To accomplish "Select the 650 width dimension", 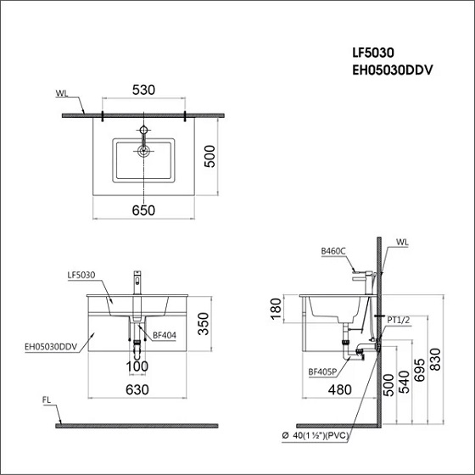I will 143,210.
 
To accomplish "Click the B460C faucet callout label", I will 333,252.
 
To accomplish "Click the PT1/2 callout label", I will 399,320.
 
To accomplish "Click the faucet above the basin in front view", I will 135,282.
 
